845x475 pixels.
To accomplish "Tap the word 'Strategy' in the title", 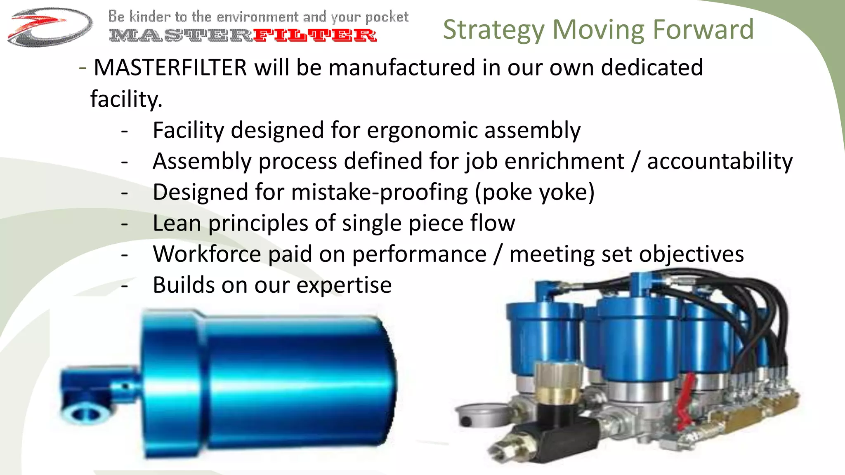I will point(493,30).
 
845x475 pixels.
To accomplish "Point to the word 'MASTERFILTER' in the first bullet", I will point(170,68).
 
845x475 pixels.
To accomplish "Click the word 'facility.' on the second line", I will point(126,99).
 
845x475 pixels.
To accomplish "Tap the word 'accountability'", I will point(720,161).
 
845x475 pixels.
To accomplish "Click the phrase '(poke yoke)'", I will point(535,192).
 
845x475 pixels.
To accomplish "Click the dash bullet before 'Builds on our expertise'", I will point(125,286).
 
